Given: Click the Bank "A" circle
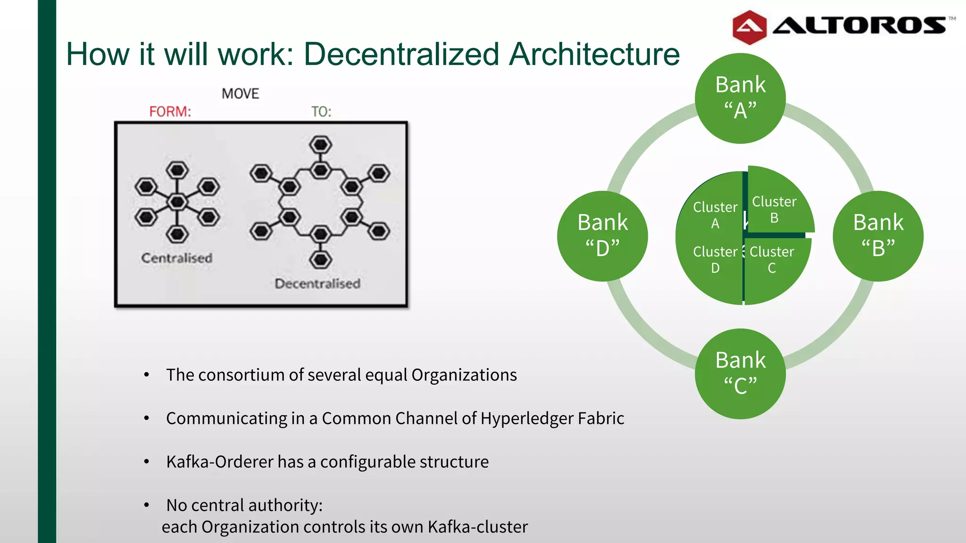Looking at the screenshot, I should click(740, 98).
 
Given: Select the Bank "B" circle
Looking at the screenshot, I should click(878, 236).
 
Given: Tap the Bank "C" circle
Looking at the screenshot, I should click(740, 373).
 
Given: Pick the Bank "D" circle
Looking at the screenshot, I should click(602, 236).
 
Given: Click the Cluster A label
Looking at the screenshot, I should click(715, 215).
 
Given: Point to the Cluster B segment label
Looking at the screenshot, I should click(774, 209).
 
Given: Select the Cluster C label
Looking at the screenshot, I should click(772, 259).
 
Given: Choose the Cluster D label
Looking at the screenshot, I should click(715, 259).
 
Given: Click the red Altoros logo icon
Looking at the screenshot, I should click(749, 27).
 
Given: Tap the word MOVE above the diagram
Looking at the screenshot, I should click(241, 94).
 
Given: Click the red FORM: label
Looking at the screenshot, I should click(170, 112).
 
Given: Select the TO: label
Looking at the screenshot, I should click(321, 112).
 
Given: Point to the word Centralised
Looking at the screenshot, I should click(177, 258).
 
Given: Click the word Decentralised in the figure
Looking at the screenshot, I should click(317, 284).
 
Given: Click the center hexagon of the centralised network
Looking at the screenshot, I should click(177, 202).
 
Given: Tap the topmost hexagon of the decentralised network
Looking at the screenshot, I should click(321, 145).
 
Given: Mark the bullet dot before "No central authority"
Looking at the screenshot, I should click(147, 505).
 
